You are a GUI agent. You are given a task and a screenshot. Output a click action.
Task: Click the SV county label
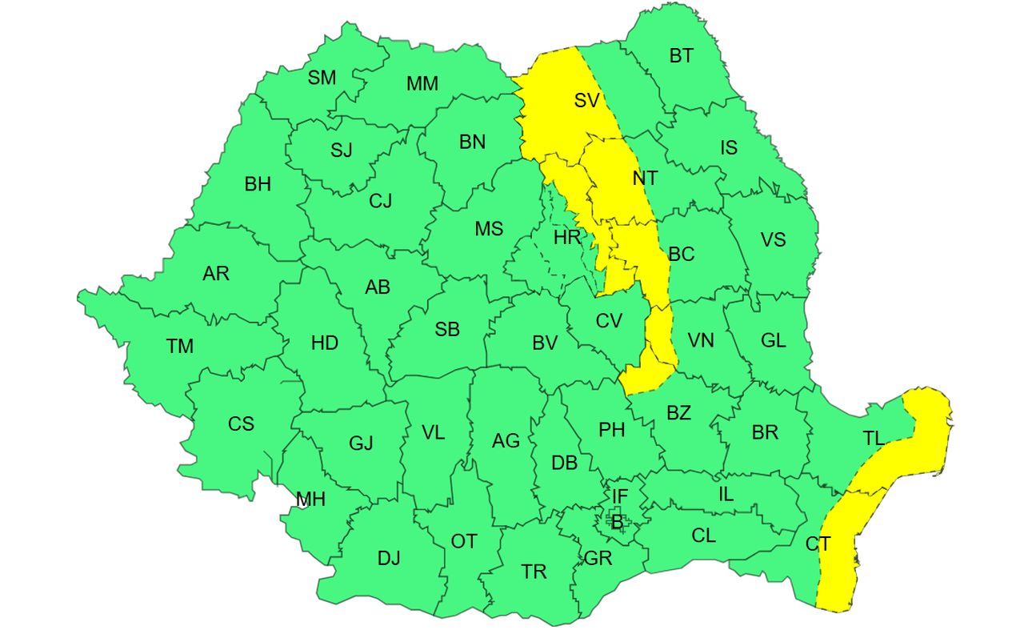tap(586, 101)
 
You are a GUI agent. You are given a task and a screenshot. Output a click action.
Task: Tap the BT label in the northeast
tap(681, 56)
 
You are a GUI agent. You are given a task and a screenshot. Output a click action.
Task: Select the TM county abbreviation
tap(180, 347)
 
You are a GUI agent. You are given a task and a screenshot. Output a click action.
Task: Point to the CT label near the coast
tap(818, 544)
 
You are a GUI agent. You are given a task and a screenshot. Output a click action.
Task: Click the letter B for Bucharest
tap(617, 523)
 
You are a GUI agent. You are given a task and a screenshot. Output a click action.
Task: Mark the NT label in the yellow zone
tap(645, 179)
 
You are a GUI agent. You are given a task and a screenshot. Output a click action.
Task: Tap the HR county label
tap(566, 237)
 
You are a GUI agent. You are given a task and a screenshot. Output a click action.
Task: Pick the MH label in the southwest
tap(310, 500)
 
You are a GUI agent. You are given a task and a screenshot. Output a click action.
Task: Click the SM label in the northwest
tap(322, 78)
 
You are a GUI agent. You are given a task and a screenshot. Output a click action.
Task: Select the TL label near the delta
tap(874, 438)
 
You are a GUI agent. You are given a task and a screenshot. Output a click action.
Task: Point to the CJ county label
tap(380, 201)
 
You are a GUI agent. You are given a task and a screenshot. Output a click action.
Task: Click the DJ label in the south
tap(389, 559)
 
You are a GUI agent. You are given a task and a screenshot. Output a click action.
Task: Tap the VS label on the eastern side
tap(773, 240)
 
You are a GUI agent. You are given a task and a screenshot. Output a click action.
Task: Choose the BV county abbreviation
tap(545, 343)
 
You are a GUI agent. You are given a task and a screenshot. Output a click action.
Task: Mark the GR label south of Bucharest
tap(598, 559)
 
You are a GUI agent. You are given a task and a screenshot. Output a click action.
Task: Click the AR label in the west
tap(216, 274)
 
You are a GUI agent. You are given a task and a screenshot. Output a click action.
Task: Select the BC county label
tap(682, 255)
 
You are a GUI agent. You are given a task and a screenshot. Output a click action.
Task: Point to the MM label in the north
tap(422, 84)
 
